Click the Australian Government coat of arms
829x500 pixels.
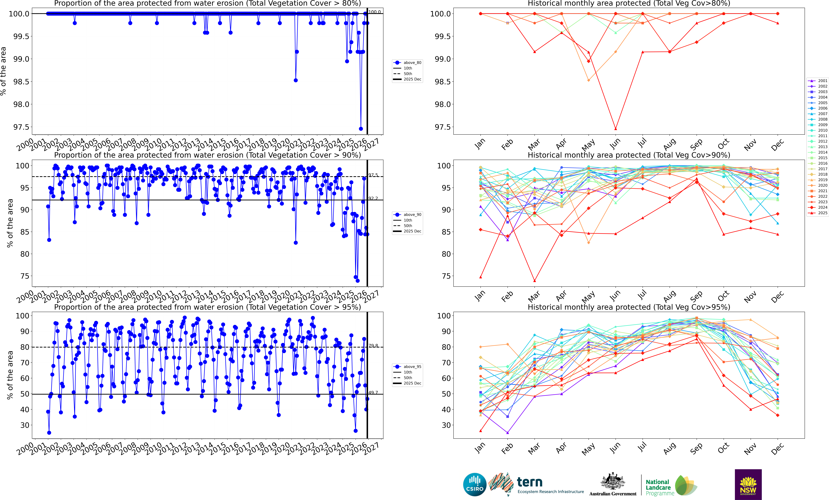pyautogui.click(x=613, y=481)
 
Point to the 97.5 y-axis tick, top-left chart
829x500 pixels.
pyautogui.click(x=21, y=127)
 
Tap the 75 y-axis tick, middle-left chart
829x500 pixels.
pyautogui.click(x=25, y=276)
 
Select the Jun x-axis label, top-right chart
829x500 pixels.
pyautogui.click(x=615, y=144)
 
